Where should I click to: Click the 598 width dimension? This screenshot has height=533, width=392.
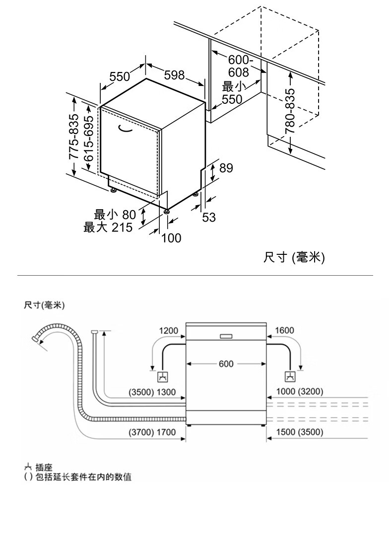[174, 75]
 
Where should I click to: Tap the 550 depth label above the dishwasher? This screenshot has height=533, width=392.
[120, 76]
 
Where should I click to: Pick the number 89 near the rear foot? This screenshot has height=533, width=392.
[226, 168]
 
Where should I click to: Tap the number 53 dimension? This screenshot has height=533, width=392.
[209, 217]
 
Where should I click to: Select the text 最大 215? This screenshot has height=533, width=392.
[108, 228]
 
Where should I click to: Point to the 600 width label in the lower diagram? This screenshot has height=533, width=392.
[226, 364]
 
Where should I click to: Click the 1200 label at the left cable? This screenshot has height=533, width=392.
[168, 331]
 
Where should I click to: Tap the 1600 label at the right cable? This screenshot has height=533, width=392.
[284, 331]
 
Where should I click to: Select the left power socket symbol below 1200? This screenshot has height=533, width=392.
[162, 377]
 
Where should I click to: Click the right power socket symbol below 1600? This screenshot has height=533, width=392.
[290, 377]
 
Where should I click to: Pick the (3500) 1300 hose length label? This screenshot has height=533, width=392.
[152, 392]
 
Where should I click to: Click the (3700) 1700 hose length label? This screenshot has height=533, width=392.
[152, 432]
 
